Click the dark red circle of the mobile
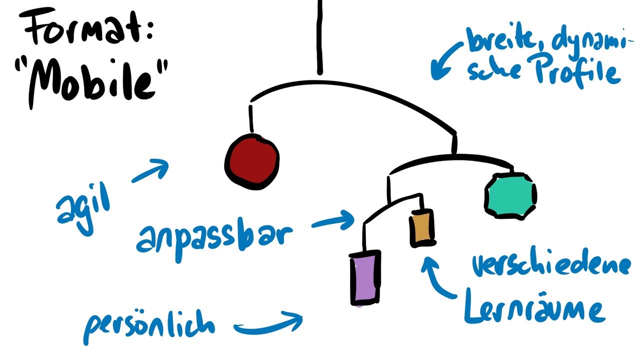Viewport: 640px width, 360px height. tap(252, 161)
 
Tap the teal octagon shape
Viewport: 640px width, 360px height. tap(510, 195)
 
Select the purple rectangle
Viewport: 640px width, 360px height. tap(365, 277)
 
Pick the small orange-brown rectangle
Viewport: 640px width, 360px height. tap(422, 228)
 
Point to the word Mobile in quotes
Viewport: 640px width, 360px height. tap(92, 80)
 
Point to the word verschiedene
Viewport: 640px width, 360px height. tap(550, 264)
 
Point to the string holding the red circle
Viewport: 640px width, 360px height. tap(250, 119)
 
